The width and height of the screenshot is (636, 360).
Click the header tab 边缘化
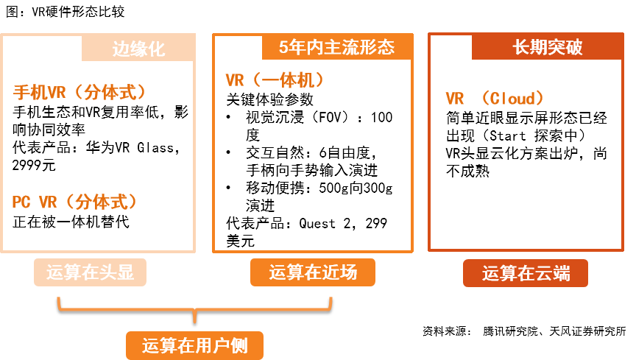click(x=138, y=49)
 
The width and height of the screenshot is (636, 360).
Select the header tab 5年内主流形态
click(x=337, y=47)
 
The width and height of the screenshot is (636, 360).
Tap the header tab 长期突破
click(x=547, y=47)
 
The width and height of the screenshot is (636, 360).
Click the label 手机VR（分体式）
click(x=79, y=92)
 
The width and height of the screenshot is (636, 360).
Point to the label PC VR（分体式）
click(x=75, y=202)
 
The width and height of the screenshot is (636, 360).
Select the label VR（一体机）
click(x=275, y=80)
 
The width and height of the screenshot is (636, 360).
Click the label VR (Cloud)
click(x=495, y=99)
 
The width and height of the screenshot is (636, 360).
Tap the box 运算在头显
click(x=90, y=272)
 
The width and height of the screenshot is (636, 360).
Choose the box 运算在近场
click(x=312, y=272)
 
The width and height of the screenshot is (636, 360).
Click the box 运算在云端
click(x=526, y=273)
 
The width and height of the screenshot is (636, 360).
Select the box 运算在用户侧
click(x=194, y=345)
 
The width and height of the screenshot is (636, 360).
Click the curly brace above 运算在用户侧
click(x=194, y=309)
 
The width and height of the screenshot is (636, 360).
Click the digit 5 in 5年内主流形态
click(x=283, y=48)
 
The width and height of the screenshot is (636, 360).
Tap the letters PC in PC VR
click(x=21, y=202)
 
